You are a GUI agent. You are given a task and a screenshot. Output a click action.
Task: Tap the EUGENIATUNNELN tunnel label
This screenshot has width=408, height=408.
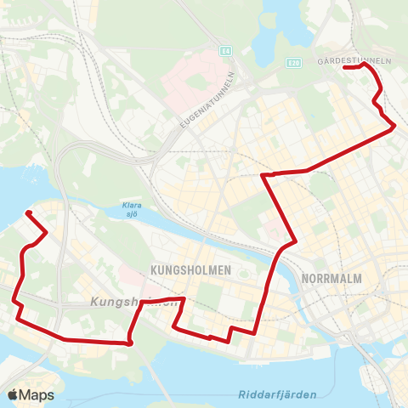207,101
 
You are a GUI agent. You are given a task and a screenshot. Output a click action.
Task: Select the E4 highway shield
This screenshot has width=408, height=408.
225,49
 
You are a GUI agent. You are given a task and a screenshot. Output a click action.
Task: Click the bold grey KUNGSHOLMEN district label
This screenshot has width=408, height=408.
190,269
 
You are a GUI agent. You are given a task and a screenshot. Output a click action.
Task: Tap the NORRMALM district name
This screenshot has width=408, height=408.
332,278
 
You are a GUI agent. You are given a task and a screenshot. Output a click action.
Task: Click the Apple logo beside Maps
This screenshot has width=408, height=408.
13,394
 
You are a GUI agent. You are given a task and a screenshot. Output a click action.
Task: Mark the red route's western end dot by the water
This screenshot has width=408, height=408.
29,212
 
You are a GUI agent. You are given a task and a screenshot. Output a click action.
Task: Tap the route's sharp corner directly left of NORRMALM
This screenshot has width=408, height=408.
293,242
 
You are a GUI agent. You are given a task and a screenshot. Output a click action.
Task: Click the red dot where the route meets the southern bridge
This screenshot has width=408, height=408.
129,343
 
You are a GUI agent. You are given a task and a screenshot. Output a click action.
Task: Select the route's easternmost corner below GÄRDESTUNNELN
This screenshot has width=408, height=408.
394,127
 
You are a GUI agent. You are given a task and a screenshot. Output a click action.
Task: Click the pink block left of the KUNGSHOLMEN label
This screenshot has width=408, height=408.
127,273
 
